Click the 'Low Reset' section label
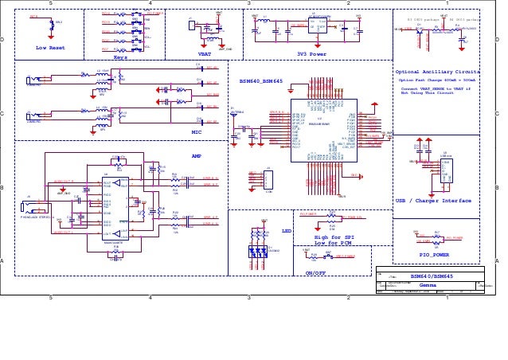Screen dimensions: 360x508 pyautogui.click(x=50, y=48)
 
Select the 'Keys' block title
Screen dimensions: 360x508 pyautogui.click(x=120, y=57)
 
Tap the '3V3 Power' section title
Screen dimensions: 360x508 pyautogui.click(x=311, y=54)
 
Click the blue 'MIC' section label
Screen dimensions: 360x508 pyautogui.click(x=197, y=132)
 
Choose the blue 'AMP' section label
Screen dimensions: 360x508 pyautogui.click(x=197, y=156)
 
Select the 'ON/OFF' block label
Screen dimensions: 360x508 pyautogui.click(x=316, y=272)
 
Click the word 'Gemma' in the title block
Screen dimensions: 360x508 pyautogui.click(x=428, y=284)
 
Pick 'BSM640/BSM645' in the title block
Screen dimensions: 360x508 pyautogui.click(x=432, y=276)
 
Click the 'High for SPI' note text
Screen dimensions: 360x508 pyautogui.click(x=333, y=237)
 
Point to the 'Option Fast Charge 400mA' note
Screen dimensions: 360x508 pyautogui.click(x=436, y=80)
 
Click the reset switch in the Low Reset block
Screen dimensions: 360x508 pyautogui.click(x=52, y=24)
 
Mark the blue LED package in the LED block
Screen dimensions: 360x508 pyautogui.click(x=258, y=251)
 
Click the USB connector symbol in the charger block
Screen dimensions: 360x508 pyautogui.click(x=446, y=170)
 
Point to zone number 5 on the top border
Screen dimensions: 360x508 pyautogui.click(x=51, y=3)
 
